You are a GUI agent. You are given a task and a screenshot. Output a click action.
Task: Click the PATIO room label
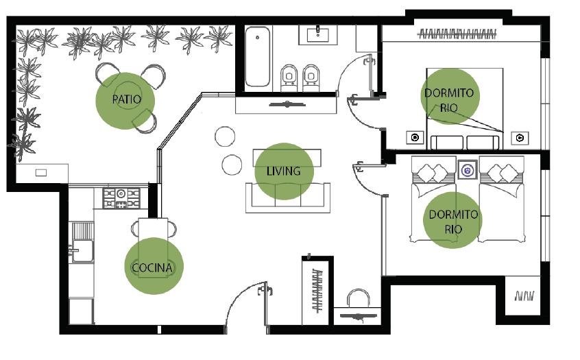127,99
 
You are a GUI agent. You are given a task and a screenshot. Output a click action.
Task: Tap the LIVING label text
284,171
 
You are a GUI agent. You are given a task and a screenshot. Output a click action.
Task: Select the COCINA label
152,267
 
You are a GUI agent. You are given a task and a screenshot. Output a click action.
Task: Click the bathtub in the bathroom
258,56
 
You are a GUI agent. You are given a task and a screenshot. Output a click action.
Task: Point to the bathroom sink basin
317,34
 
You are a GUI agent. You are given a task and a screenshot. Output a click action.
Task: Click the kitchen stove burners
121,198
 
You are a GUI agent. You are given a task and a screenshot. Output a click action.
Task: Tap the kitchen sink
82,251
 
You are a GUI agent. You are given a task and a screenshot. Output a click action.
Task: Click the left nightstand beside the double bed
415,138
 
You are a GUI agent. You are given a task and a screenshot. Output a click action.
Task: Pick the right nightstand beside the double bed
520,138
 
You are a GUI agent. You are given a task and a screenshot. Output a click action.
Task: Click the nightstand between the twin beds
468,170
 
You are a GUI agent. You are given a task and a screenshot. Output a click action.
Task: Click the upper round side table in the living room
225,136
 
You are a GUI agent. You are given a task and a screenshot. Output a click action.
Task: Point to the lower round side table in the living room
232,165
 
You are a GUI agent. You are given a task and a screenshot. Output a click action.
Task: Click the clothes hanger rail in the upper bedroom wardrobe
457,34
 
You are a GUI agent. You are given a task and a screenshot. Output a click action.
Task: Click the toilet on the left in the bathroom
289,77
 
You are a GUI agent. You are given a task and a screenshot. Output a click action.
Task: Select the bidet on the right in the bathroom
311,77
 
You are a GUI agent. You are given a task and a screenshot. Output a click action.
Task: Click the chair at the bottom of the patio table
144,121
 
